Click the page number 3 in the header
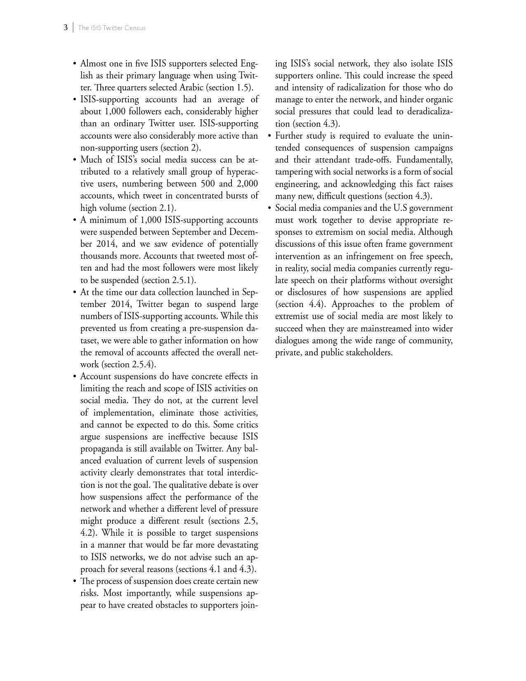66,28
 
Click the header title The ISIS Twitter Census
112,28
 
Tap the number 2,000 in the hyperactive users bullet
247,184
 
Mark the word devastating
235,545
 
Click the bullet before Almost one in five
75,64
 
